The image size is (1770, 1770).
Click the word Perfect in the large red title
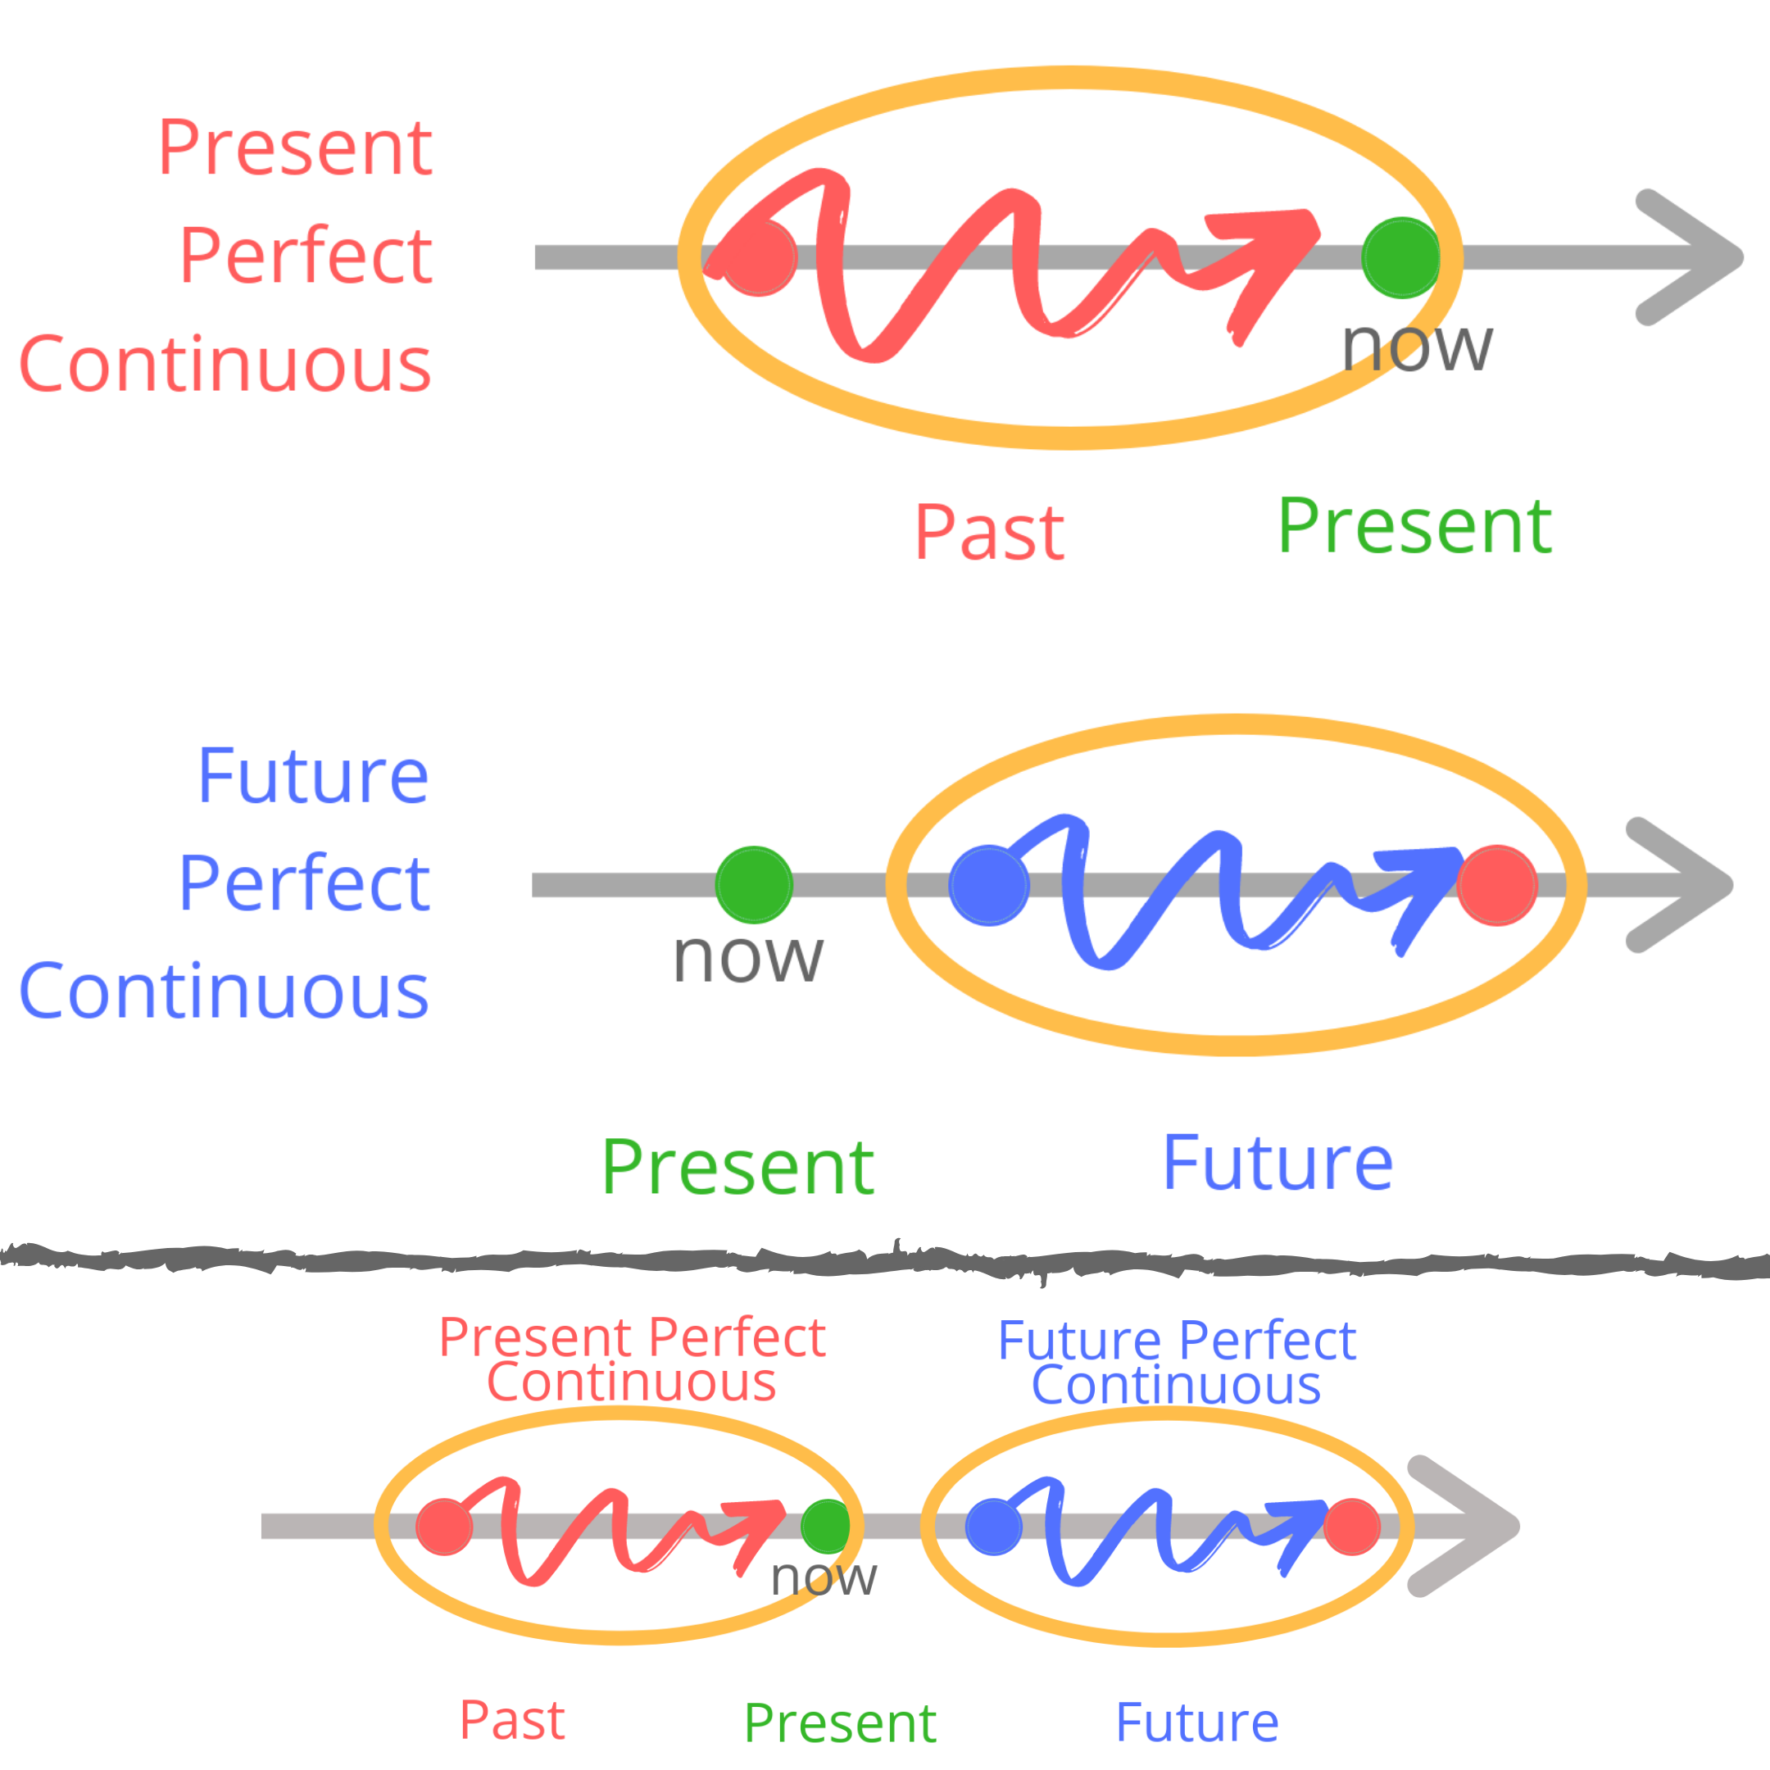pos(306,256)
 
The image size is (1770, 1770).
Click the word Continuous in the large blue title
pos(225,992)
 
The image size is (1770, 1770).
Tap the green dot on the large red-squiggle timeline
pos(1400,257)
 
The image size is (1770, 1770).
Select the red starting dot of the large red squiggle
pos(758,257)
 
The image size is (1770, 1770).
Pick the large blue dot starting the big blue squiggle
pos(988,886)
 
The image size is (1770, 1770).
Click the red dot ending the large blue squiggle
pos(1497,886)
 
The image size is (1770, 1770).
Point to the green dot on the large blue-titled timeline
pos(754,885)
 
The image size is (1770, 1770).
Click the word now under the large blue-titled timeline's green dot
pos(747,957)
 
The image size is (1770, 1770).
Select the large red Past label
pos(989,533)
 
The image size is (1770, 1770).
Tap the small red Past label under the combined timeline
pos(512,1721)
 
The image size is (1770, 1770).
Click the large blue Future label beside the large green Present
pos(1278,1164)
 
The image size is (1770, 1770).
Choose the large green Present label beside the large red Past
pos(1414,527)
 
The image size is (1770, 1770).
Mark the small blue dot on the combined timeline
pos(994,1527)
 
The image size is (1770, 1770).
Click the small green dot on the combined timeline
pos(825,1527)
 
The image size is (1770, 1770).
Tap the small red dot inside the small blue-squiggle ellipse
pos(1352,1527)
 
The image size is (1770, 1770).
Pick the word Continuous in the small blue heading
pos(1177,1385)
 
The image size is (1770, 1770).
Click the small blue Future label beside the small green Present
pos(1197,1722)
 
